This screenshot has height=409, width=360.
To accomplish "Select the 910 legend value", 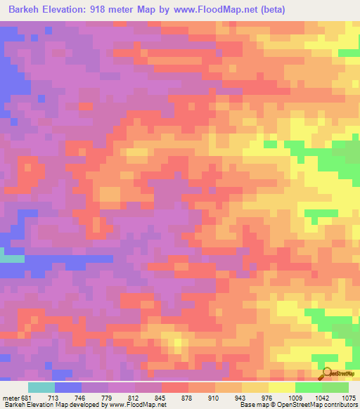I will (x=214, y=397).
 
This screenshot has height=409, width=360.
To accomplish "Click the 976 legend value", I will (x=266, y=397).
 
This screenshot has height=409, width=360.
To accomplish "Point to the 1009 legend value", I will (x=293, y=397).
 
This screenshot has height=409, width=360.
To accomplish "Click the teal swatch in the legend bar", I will (x=41, y=387).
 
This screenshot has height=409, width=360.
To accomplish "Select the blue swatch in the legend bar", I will (x=67, y=387).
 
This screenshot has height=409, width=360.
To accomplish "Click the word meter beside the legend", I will (x=11, y=397).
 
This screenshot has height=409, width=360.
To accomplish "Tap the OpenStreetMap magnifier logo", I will (x=326, y=374).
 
